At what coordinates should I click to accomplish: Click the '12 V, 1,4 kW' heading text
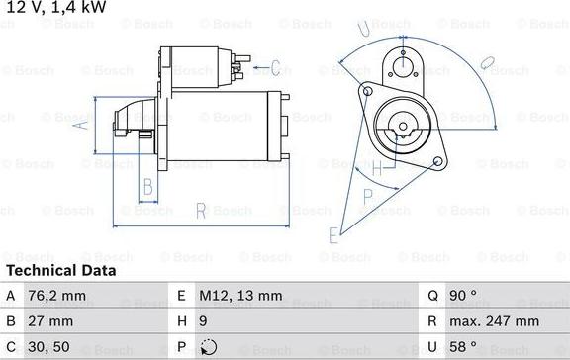pos(55,8)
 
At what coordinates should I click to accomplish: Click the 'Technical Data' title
pos(60,270)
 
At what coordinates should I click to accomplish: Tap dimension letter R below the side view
pos(200,210)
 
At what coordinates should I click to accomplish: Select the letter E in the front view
pos(333,235)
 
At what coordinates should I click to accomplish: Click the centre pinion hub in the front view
pos(402,125)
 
